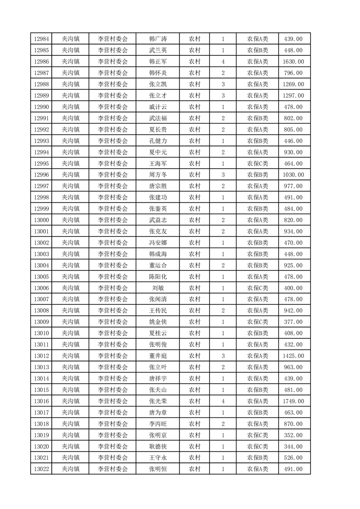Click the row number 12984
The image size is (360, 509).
(x=42, y=39)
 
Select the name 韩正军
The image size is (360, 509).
(x=158, y=62)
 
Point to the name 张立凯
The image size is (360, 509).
(x=158, y=84)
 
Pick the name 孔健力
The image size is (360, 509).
(x=158, y=141)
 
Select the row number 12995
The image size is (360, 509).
(x=42, y=163)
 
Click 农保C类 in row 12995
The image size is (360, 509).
(x=257, y=163)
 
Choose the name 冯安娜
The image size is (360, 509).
(x=158, y=243)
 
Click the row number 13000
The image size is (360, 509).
(x=42, y=220)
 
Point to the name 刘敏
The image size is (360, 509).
(x=158, y=288)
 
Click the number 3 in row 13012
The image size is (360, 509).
(x=223, y=356)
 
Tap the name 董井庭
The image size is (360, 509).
(x=158, y=356)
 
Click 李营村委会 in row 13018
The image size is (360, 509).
(x=113, y=424)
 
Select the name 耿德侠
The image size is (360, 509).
(x=158, y=446)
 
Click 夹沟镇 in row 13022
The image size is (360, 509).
(x=70, y=469)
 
